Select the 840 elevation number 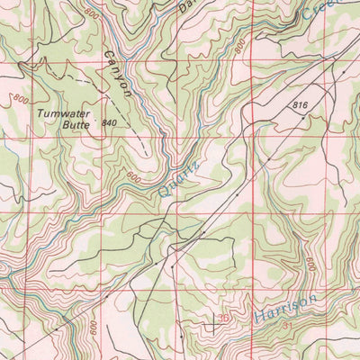[x=110, y=122]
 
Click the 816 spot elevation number [x=301, y=106]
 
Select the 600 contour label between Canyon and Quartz [x=133, y=176]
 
